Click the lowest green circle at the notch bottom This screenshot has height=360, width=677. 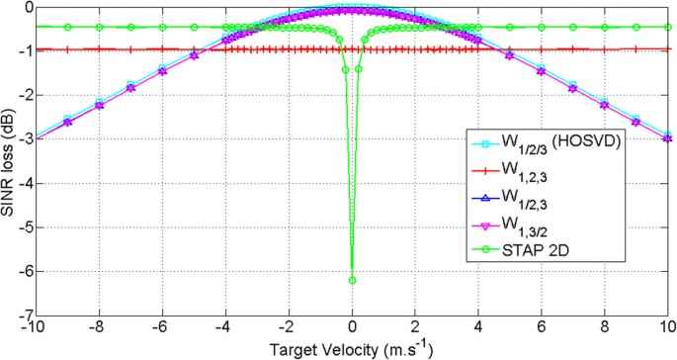click(x=352, y=280)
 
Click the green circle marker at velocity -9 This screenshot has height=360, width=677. click(x=67, y=27)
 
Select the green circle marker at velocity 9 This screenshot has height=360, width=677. click(x=636, y=27)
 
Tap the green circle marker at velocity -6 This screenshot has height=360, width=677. click(x=162, y=27)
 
